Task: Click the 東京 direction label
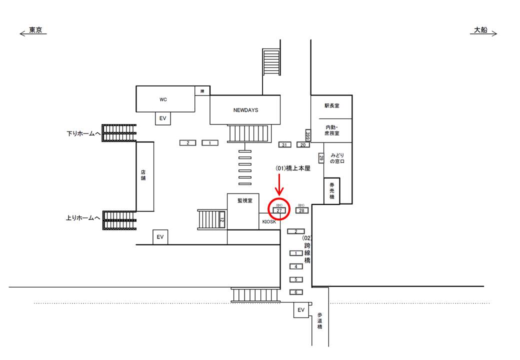pos(35,30)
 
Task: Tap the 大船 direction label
pos(480,30)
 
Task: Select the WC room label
pos(163,99)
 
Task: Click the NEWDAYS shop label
pos(245,110)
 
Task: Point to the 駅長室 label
pos(332,106)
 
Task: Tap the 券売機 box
pos(331,191)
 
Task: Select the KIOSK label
pos(269,221)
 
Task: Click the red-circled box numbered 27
pos(279,211)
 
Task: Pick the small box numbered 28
pos(301,211)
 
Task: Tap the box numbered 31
pos(284,145)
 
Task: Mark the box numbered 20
pos(303,145)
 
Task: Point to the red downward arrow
pos(279,184)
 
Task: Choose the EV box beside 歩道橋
pos(301,310)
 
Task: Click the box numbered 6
pos(296,292)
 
